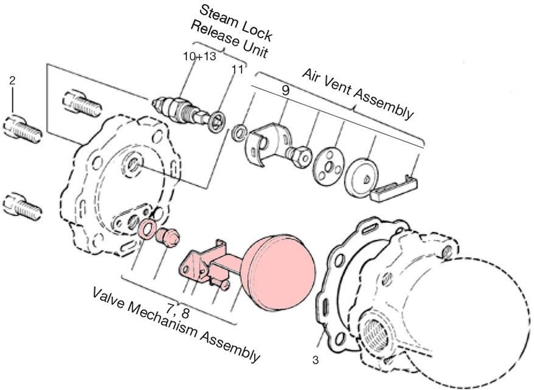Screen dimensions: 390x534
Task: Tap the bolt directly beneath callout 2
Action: pos(23,128)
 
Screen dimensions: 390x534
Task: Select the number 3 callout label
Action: pos(315,360)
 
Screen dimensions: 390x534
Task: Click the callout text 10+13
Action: pos(199,56)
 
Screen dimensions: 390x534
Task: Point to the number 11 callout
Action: pos(237,69)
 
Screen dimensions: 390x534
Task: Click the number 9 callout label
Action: pos(285,90)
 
